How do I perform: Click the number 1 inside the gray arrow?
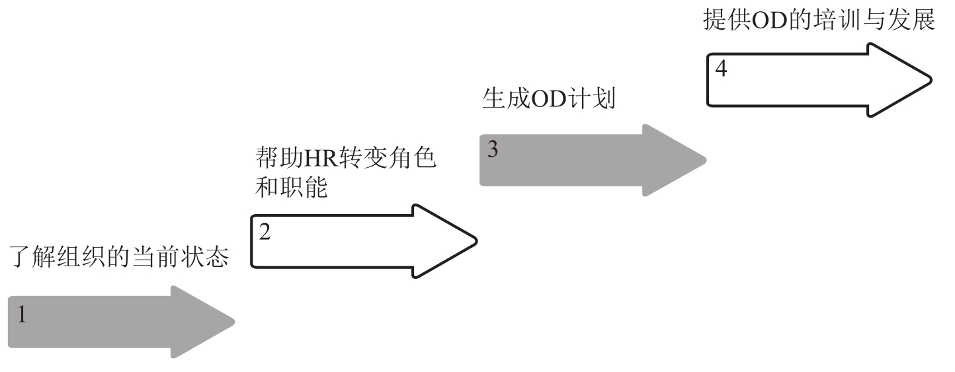tap(22, 315)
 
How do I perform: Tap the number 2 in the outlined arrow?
tap(264, 232)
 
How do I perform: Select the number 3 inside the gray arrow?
tap(493, 149)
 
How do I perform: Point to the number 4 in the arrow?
tap(721, 69)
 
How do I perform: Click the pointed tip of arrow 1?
tap(233, 322)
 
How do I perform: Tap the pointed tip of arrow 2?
tap(476, 237)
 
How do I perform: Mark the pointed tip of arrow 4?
tap(934, 80)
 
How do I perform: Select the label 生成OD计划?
tap(547, 100)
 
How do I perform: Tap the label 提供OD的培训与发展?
tap(818, 20)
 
